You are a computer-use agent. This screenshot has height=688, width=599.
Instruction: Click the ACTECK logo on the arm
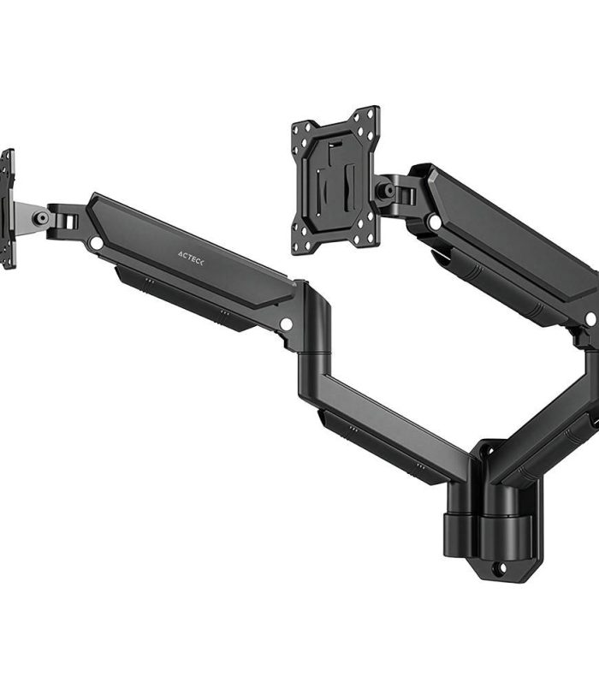[191, 258]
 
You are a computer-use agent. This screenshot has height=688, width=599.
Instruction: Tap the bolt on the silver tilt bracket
[42, 217]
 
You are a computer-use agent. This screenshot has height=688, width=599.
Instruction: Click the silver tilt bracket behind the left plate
[32, 218]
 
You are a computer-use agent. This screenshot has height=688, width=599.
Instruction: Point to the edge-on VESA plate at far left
[8, 209]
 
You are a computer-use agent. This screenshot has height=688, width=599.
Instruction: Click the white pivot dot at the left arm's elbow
[286, 324]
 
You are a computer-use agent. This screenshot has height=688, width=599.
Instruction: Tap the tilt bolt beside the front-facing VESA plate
[388, 191]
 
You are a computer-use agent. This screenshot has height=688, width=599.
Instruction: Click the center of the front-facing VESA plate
[335, 181]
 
